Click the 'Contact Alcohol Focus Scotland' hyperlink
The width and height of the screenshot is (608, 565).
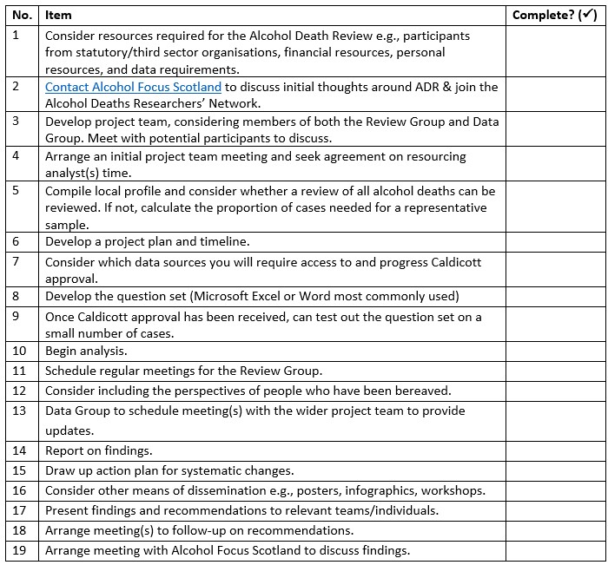(133, 87)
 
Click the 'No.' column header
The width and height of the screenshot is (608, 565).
(23, 15)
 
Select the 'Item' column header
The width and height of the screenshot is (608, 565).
(58, 15)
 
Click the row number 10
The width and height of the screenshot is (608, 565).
(20, 351)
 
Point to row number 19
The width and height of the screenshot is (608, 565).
(20, 550)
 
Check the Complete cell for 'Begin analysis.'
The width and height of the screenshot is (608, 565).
(555, 351)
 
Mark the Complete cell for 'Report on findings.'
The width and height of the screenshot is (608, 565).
(555, 450)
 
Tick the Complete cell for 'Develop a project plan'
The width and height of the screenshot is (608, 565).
(555, 241)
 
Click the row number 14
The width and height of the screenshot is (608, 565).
(20, 450)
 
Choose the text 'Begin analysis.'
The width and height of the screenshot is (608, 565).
(86, 351)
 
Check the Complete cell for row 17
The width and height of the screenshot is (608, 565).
(555, 510)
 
